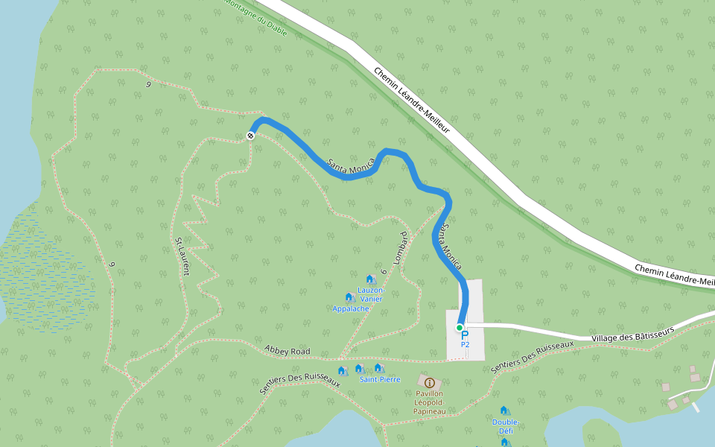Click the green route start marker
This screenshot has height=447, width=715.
(460, 328)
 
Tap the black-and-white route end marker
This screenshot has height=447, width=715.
(251, 136)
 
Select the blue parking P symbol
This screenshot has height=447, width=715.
(465, 336)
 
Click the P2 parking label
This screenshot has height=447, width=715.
(465, 345)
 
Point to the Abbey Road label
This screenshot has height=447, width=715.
(287, 350)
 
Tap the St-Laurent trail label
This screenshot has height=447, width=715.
(182, 256)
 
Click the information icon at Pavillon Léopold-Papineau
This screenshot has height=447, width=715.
(429, 382)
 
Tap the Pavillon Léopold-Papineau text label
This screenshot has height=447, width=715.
(429, 402)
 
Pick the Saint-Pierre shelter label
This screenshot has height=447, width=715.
(380, 379)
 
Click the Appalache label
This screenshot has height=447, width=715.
(351, 308)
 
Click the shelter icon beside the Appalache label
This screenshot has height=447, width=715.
(349, 297)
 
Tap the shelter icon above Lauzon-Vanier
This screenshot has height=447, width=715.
(370, 279)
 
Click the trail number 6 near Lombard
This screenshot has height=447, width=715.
(382, 272)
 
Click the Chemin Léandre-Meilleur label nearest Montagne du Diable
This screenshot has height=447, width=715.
(412, 100)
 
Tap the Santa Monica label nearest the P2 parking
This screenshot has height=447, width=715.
(449, 247)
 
